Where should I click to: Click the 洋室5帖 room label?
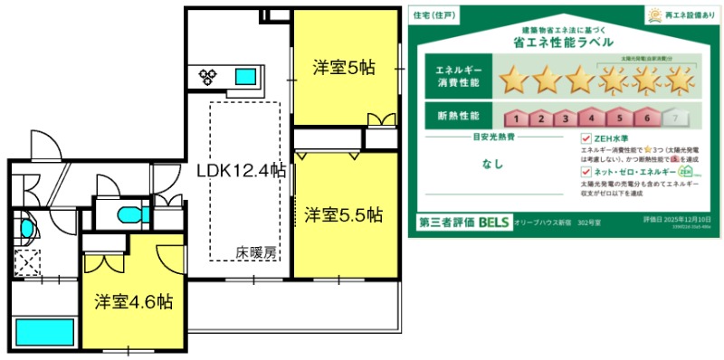pyautogui.click(x=344, y=67)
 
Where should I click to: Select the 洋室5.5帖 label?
pyautogui.click(x=343, y=215)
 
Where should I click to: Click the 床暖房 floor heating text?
pyautogui.click(x=256, y=252)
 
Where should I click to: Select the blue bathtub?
pyautogui.click(x=43, y=333)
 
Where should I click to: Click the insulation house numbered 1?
pyautogui.click(x=513, y=117)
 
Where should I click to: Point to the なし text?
pyautogui.click(x=493, y=165)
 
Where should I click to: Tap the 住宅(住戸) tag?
pyautogui.click(x=432, y=15)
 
